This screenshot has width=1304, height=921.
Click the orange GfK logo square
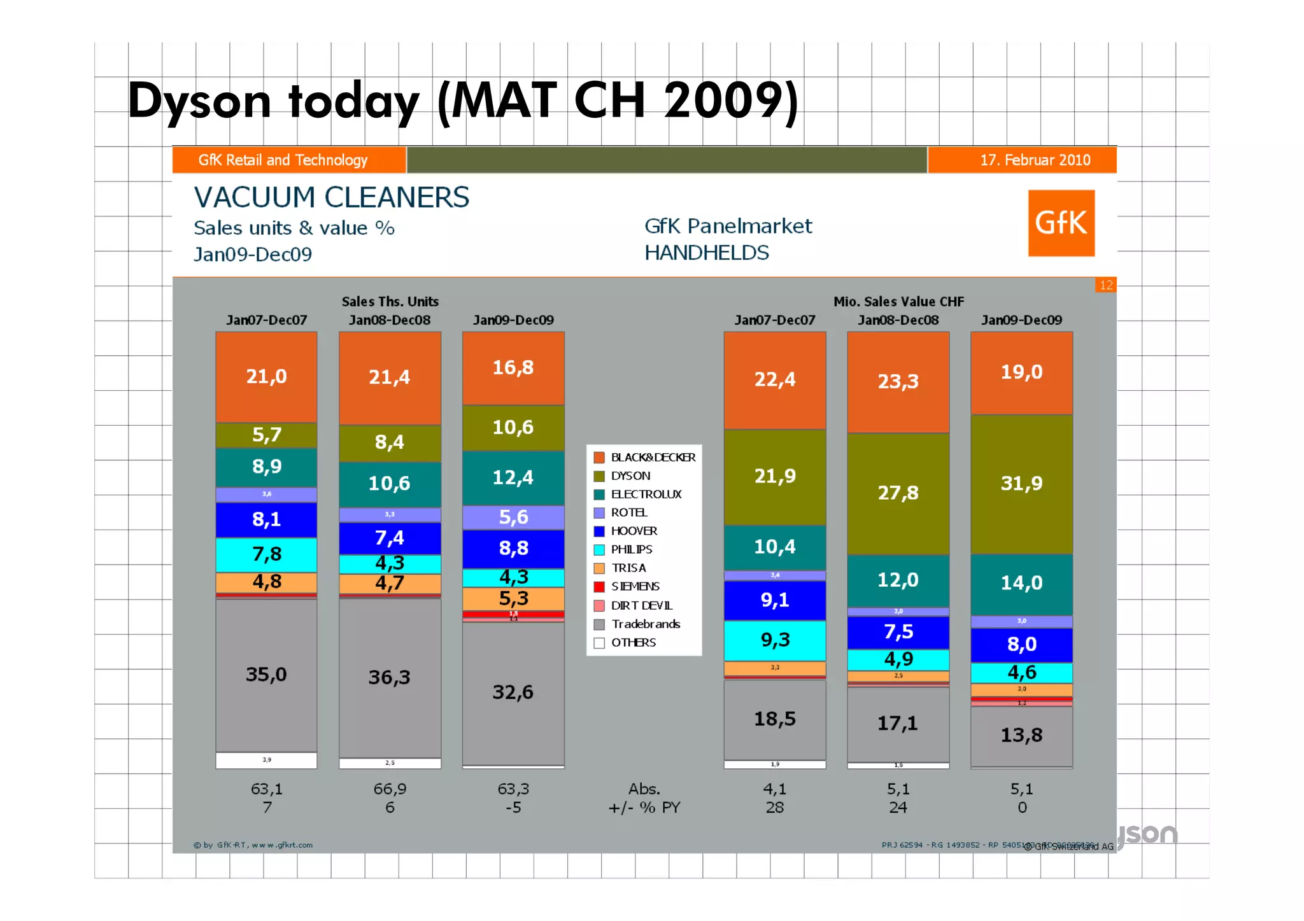point(1061,223)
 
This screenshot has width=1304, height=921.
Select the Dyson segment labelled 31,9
point(1021,484)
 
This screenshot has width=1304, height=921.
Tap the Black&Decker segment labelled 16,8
point(513,368)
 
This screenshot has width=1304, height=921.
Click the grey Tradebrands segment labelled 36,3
point(390,677)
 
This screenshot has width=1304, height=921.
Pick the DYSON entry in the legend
point(630,475)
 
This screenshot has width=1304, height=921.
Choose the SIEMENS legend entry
point(634,586)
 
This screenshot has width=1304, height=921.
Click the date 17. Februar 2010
point(1035,160)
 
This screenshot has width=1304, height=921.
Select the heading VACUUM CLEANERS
point(331,197)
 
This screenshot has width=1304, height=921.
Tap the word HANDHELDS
point(706,253)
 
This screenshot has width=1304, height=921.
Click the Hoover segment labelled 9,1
point(775,600)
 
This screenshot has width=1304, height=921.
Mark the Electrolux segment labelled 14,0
point(1021,583)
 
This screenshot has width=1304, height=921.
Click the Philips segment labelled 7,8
point(266,554)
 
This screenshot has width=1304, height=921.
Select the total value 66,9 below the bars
point(390,789)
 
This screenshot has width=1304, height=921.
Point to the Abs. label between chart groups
point(644,789)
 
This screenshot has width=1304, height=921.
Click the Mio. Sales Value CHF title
point(898,302)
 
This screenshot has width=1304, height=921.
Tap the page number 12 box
point(1106,285)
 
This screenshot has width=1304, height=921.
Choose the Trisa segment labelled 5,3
point(513,598)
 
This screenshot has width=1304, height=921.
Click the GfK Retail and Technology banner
point(283,160)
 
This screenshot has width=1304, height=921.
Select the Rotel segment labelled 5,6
point(513,517)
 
